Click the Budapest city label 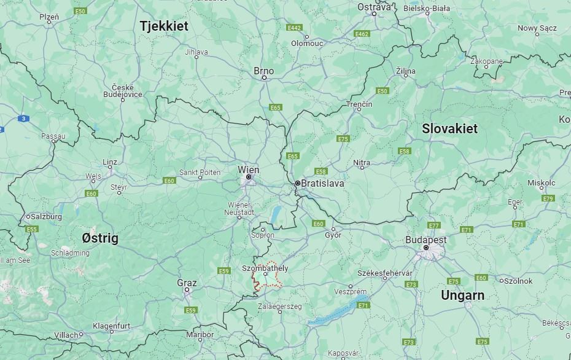pyautogui.click(x=425, y=240)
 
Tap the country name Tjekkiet pyautogui.click(x=164, y=26)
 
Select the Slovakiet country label pyautogui.click(x=449, y=129)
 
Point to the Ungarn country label pyautogui.click(x=462, y=295)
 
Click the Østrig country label pyautogui.click(x=100, y=238)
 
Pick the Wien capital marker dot pyautogui.click(x=249, y=178)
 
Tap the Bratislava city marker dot pyautogui.click(x=297, y=183)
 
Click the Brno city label pyautogui.click(x=264, y=71)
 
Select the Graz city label pyautogui.click(x=187, y=283)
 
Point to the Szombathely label pyautogui.click(x=265, y=268)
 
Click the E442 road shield pyautogui.click(x=294, y=28)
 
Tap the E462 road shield pyautogui.click(x=362, y=34)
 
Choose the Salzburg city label pyautogui.click(x=45, y=217)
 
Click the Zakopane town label pyautogui.click(x=486, y=61)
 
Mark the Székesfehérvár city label pyautogui.click(x=385, y=272)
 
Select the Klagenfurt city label pyautogui.click(x=112, y=326)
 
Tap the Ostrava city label pyautogui.click(x=374, y=7)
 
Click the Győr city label pyautogui.click(x=333, y=235)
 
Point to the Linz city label pyautogui.click(x=110, y=162)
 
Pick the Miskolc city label pyautogui.click(x=541, y=183)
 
